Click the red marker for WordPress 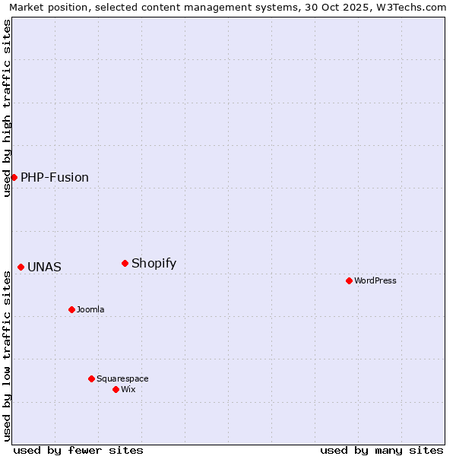pyautogui.click(x=349, y=280)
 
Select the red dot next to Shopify pyautogui.click(x=125, y=263)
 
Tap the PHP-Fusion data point pyautogui.click(x=14, y=177)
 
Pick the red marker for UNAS pyautogui.click(x=21, y=267)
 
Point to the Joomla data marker pyautogui.click(x=71, y=309)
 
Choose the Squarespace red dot pyautogui.click(x=91, y=378)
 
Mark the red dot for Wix pyautogui.click(x=116, y=389)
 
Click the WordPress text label pyautogui.click(x=375, y=280)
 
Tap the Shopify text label pyautogui.click(x=154, y=264)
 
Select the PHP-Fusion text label pyautogui.click(x=55, y=178)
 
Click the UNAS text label pyautogui.click(x=44, y=268)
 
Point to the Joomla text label pyautogui.click(x=90, y=309)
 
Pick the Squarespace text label pyautogui.click(x=122, y=378)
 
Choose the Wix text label pyautogui.click(x=128, y=389)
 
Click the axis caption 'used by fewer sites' pyautogui.click(x=78, y=450)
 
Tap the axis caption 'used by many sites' pyautogui.click(x=382, y=450)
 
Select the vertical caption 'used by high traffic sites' pyautogui.click(x=7, y=108)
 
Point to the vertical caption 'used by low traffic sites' pyautogui.click(x=7, y=356)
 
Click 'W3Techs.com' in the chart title pyautogui.click(x=413, y=7)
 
